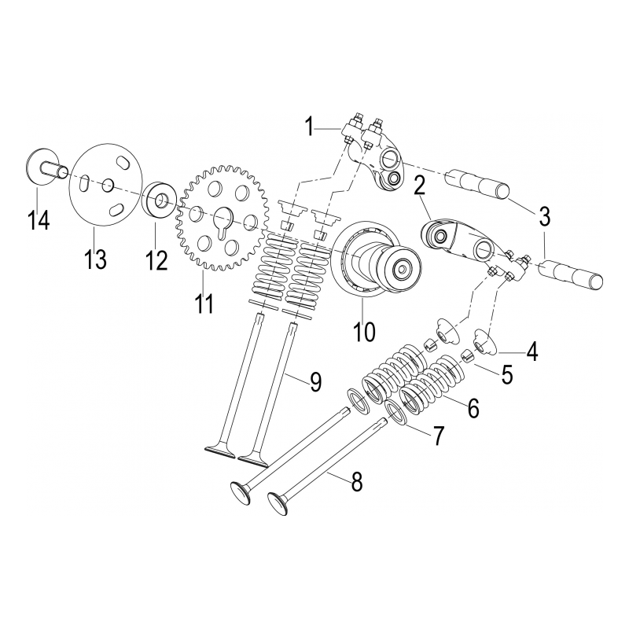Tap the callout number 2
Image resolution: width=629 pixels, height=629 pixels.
tap(420, 186)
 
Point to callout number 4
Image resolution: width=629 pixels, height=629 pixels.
tap(532, 351)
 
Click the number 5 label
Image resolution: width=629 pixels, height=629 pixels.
tap(507, 375)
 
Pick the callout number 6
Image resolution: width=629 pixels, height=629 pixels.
tap(473, 407)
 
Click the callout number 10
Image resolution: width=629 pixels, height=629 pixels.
tap(364, 331)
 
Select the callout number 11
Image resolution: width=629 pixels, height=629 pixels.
tap(204, 302)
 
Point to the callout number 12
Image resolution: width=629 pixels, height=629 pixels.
tap(156, 259)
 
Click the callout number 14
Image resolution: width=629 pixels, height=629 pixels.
tap(39, 219)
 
